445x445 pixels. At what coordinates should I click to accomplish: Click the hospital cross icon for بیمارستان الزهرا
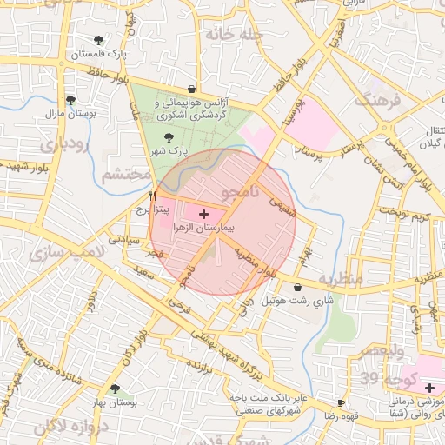pyautogui.click(x=204, y=213)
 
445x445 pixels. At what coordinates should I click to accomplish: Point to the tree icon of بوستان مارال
pyautogui.click(x=70, y=100)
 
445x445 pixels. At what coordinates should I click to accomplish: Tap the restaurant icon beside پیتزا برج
pyautogui.click(x=153, y=196)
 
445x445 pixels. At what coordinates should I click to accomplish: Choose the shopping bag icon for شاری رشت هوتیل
pyautogui.click(x=298, y=288)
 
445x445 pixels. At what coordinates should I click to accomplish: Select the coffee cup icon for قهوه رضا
pyautogui.click(x=342, y=403)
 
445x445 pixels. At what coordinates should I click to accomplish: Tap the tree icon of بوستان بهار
pyautogui.click(x=115, y=389)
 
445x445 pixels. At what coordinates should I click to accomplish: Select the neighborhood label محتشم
pyautogui.click(x=127, y=175)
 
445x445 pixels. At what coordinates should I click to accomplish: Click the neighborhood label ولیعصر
pyautogui.click(x=382, y=351)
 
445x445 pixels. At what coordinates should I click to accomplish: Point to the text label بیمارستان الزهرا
pyautogui.click(x=204, y=228)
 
